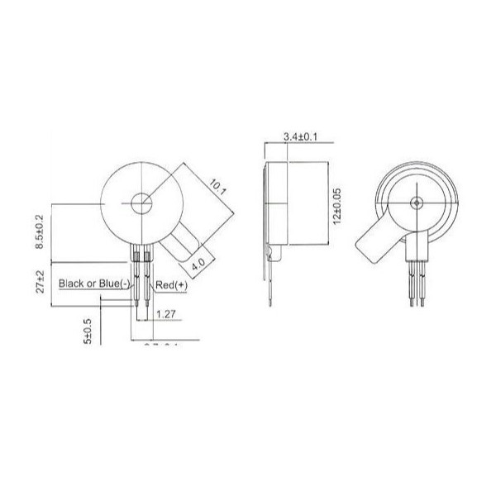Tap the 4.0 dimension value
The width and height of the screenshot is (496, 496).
[198, 266]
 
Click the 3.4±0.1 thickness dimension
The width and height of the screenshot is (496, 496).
[299, 136]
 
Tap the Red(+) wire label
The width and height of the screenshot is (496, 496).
[171, 284]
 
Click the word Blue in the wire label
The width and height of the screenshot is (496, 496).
[112, 284]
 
